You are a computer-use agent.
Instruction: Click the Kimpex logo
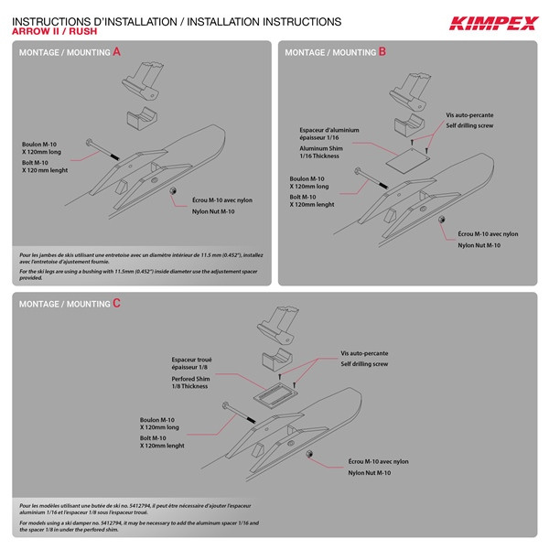click(491, 23)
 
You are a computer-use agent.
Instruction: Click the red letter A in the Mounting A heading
click(116, 52)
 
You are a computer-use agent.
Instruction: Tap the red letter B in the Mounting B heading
click(382, 52)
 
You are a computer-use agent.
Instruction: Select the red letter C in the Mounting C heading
click(116, 303)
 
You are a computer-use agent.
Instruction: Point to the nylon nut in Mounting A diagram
click(172, 190)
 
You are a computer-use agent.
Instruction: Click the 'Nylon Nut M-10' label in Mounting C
click(369, 473)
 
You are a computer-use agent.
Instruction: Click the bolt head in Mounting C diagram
click(223, 406)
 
